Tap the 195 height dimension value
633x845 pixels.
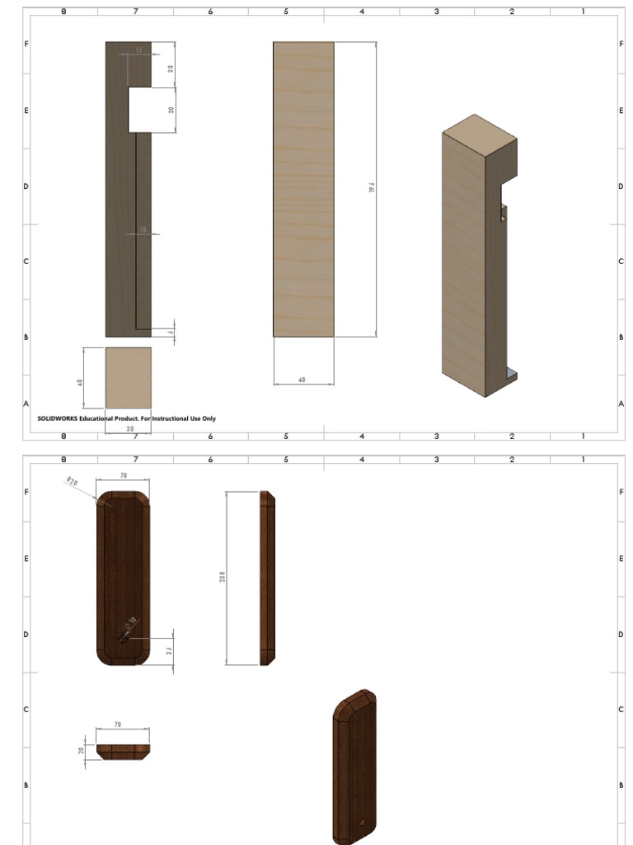[x=372, y=189]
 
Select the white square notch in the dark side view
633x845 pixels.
[x=139, y=110]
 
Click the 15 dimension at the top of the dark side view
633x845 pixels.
[x=138, y=50]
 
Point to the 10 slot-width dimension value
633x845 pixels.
[x=142, y=230]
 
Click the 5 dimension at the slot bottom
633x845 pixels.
[x=171, y=333]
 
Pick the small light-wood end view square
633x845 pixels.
[x=128, y=377]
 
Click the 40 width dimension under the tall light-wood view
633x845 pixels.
[x=302, y=380]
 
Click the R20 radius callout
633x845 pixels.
[x=72, y=481]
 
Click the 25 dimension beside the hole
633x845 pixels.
[x=169, y=651]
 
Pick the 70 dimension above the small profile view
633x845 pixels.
[x=118, y=724]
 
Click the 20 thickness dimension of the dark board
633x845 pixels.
[x=81, y=751]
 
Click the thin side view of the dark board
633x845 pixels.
[x=267, y=578]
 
